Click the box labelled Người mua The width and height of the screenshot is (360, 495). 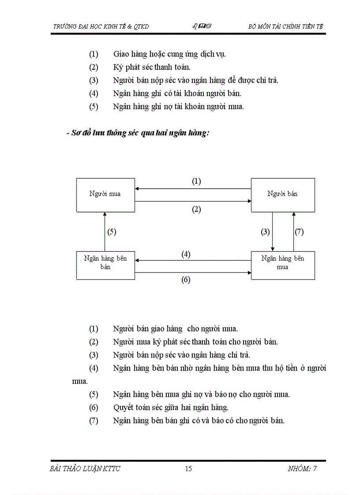(x=105, y=194)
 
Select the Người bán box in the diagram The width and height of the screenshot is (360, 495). (x=283, y=194)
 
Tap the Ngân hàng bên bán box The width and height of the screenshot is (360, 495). (x=105, y=264)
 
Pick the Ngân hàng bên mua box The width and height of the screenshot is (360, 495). (x=283, y=264)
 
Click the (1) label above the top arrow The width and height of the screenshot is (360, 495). (x=196, y=181)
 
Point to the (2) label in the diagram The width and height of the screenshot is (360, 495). (x=196, y=209)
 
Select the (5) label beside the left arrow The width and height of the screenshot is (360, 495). (x=112, y=232)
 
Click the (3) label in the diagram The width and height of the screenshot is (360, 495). (x=266, y=232)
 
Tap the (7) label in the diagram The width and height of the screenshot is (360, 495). (x=300, y=232)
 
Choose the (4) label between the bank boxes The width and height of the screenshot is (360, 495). (x=186, y=254)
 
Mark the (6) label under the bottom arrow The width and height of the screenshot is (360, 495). (x=186, y=279)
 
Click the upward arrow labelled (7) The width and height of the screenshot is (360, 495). (x=293, y=231)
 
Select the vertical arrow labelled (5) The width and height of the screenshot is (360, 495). (x=105, y=231)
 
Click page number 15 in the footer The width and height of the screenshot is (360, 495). (x=188, y=469)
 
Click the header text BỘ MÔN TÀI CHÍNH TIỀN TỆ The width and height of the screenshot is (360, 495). (x=286, y=26)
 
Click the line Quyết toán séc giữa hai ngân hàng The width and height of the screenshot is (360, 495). (x=170, y=407)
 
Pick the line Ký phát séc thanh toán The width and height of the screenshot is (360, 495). (x=152, y=67)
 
